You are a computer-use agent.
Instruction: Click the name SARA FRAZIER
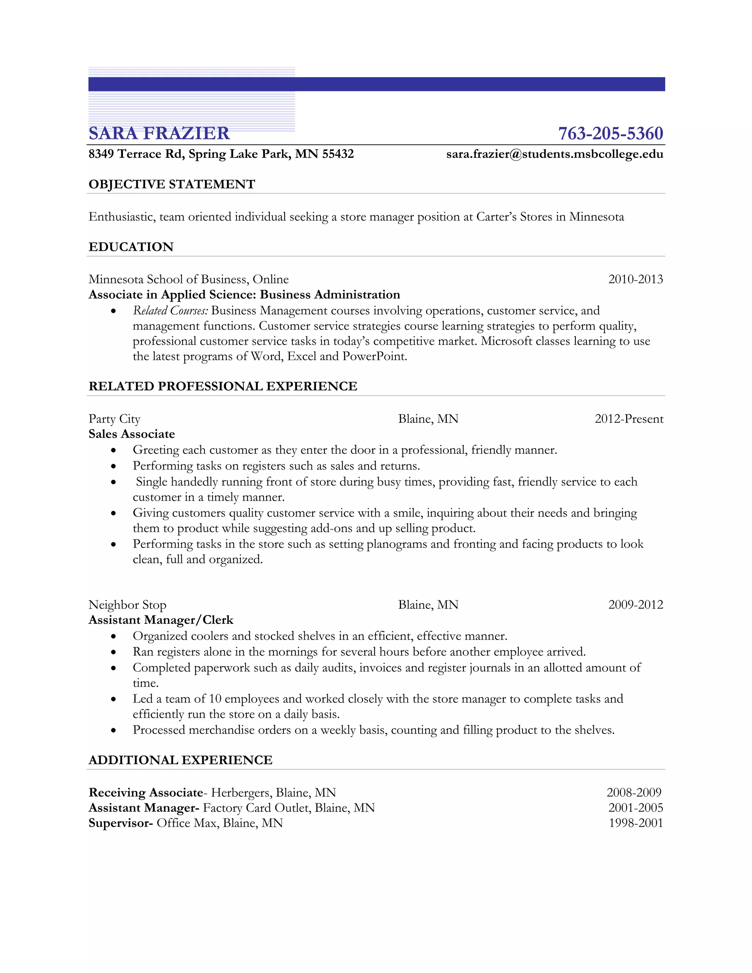click(159, 133)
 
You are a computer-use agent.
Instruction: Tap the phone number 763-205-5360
click(610, 133)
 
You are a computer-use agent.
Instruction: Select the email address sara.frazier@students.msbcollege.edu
click(555, 154)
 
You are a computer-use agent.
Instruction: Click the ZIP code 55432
click(338, 154)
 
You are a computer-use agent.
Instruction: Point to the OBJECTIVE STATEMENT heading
click(171, 184)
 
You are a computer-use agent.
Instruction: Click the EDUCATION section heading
click(131, 247)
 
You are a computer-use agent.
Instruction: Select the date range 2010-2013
click(636, 279)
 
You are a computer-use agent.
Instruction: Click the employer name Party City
click(115, 419)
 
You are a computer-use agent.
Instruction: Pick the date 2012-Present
click(629, 419)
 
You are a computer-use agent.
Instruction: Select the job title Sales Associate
click(132, 434)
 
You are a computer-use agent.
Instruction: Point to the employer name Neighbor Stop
click(127, 605)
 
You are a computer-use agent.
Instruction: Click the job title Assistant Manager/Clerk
click(161, 620)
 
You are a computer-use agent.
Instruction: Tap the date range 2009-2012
click(636, 605)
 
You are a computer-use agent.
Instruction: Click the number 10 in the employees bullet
click(215, 699)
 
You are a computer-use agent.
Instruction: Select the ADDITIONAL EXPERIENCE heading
click(180, 760)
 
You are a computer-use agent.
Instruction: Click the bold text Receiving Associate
click(146, 793)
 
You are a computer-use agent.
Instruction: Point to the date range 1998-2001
click(636, 823)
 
